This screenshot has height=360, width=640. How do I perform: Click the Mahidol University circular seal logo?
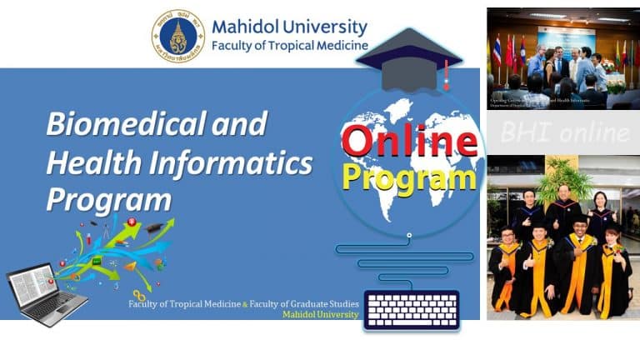[x=177, y=37]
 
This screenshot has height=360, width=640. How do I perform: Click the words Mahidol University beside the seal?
[x=289, y=27]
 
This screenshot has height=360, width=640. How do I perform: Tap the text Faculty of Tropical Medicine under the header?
[x=289, y=45]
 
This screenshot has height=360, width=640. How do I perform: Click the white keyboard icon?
[x=412, y=309]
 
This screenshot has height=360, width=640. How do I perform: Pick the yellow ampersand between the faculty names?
[x=244, y=304]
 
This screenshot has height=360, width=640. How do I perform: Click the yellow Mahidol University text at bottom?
[x=321, y=315]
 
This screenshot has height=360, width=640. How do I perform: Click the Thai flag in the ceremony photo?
[x=497, y=51]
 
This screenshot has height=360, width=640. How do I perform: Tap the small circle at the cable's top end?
[x=409, y=235]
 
